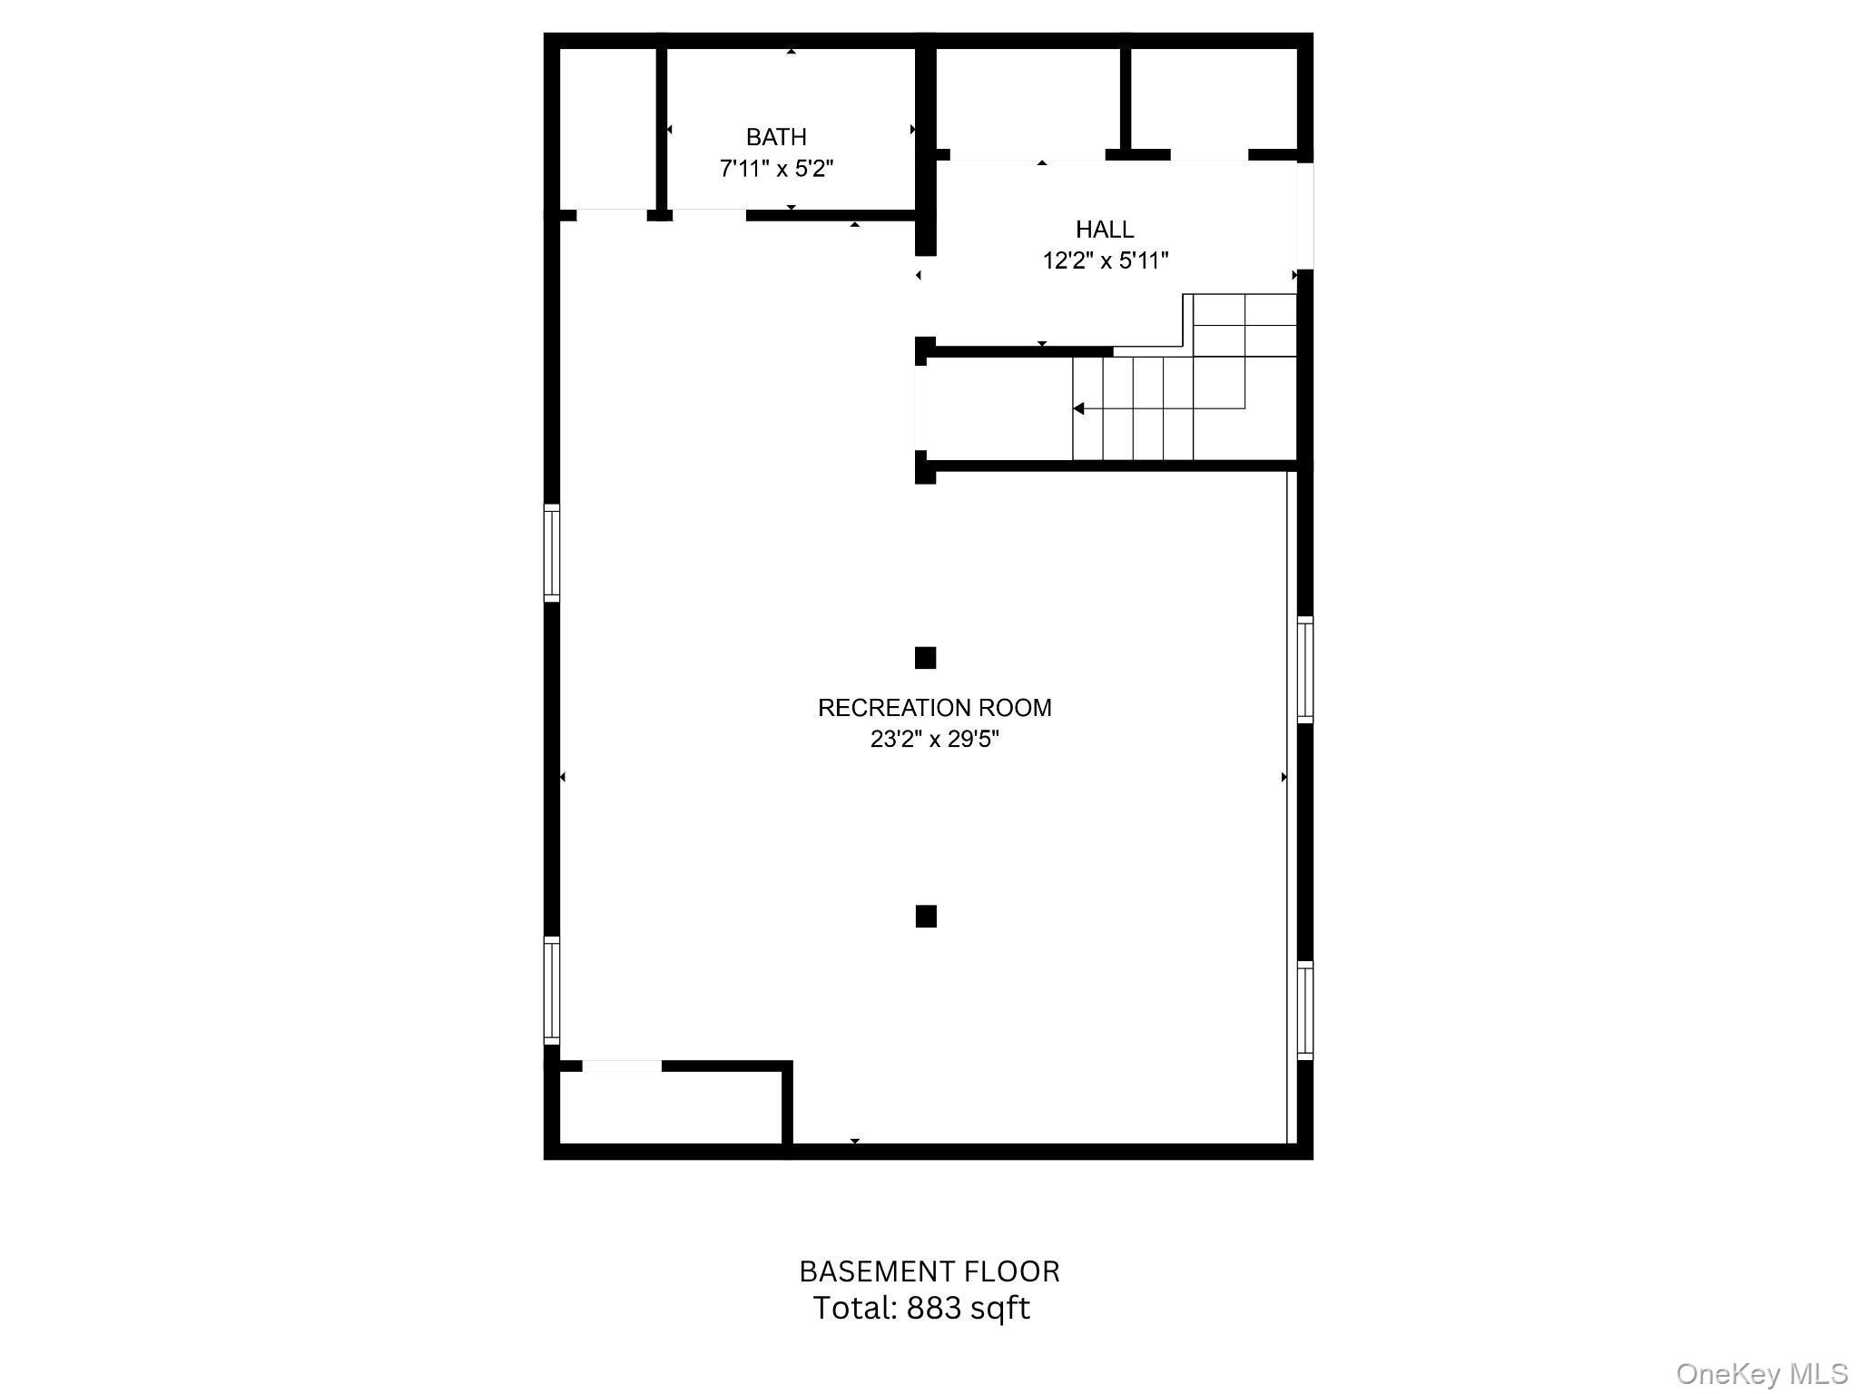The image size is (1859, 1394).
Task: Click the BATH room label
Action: click(776, 137)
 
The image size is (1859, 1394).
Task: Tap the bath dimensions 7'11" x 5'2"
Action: click(776, 169)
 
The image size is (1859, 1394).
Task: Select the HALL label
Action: click(1105, 229)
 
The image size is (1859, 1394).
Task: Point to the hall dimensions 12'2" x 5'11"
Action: click(1105, 260)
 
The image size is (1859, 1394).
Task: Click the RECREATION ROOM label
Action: click(935, 708)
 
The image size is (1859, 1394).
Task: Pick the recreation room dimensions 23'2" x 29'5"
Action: click(935, 740)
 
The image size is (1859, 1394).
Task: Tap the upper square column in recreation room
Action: click(925, 658)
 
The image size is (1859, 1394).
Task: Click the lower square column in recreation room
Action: click(926, 917)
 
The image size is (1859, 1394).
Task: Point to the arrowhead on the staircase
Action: click(1078, 408)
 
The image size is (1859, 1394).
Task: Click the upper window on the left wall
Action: click(552, 553)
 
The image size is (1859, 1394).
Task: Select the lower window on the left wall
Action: click(552, 988)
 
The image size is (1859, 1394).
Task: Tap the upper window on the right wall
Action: click(1305, 670)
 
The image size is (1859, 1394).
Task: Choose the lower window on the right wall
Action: click(1305, 1010)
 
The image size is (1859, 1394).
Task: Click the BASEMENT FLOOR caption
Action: click(929, 1271)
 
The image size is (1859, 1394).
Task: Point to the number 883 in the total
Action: click(930, 1308)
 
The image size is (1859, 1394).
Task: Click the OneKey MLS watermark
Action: click(1762, 1374)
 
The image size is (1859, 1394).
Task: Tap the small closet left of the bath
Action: click(608, 129)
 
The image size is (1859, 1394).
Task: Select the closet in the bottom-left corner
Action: click(671, 1107)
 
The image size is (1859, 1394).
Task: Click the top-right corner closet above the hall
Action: click(1214, 98)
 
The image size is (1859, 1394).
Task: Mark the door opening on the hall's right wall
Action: click(1305, 216)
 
